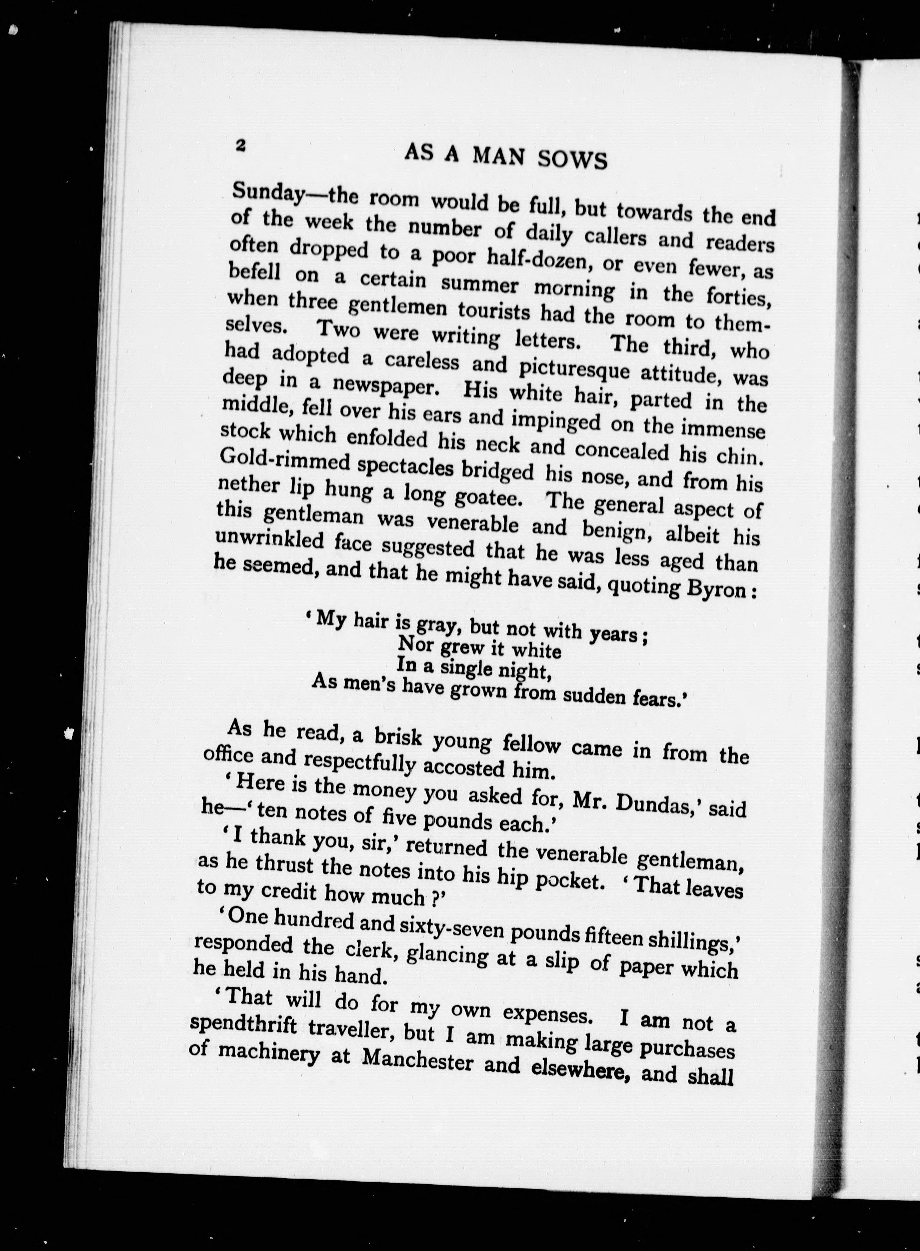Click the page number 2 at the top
241,145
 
